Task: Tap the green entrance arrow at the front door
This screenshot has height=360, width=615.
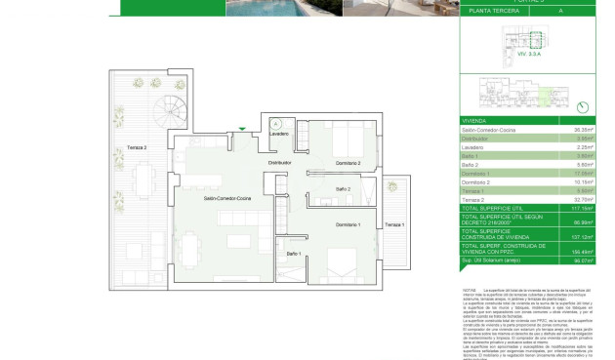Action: [x=242, y=128]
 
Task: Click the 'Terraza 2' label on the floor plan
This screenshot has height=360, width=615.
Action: [x=136, y=147]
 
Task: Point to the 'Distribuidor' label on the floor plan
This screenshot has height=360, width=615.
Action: [x=281, y=163]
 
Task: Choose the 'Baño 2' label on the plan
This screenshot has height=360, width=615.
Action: [x=344, y=189]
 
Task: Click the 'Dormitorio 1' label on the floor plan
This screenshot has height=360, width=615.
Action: [x=348, y=225]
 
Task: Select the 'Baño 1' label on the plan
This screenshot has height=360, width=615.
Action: [x=293, y=254]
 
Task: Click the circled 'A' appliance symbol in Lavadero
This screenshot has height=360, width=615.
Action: [x=277, y=124]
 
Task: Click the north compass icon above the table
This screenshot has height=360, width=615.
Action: [x=583, y=106]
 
